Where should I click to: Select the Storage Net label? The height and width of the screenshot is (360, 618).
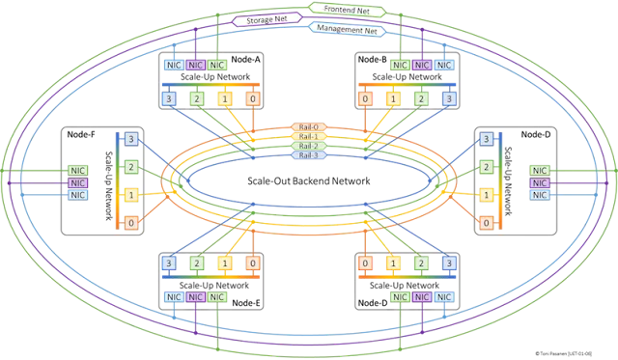point(267,19)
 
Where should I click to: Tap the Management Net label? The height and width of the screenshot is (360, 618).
point(348,29)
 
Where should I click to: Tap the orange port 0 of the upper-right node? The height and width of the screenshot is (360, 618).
point(365,98)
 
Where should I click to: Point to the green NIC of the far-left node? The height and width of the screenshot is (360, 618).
point(77,170)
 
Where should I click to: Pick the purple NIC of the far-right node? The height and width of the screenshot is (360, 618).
point(539,182)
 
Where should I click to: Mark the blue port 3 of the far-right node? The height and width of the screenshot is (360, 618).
point(486,140)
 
